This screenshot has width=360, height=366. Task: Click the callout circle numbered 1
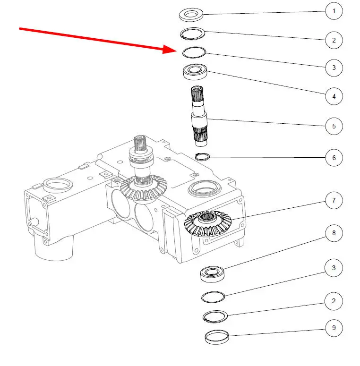click(x=334, y=11)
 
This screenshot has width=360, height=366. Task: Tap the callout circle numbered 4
click(x=334, y=96)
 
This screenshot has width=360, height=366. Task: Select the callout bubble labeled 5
click(x=334, y=126)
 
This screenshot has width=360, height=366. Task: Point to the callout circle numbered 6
click(x=334, y=158)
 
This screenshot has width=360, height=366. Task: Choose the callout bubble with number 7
click(x=334, y=200)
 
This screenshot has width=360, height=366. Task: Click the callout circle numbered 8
click(x=334, y=233)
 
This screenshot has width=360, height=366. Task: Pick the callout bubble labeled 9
click(x=334, y=328)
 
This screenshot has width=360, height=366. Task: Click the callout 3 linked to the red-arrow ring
click(x=334, y=68)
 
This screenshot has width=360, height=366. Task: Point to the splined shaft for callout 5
click(x=199, y=116)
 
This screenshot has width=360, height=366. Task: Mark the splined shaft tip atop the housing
click(x=140, y=143)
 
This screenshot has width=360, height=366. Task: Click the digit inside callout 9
click(x=334, y=328)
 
